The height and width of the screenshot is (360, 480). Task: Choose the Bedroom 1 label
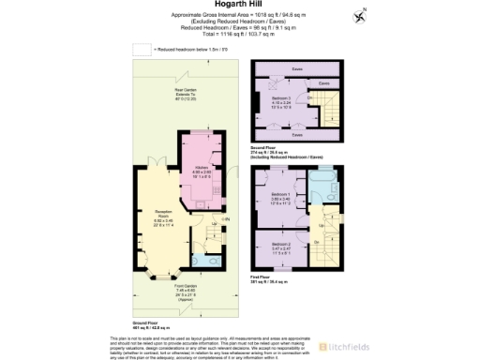(x=282, y=198)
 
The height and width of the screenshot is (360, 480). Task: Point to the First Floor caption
(x=266, y=277)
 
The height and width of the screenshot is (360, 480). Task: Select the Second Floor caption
(x=267, y=148)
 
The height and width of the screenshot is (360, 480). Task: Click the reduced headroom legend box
(x=141, y=47)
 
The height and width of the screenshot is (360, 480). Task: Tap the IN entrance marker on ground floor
(x=226, y=219)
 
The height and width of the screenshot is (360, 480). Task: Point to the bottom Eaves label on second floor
(x=296, y=135)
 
